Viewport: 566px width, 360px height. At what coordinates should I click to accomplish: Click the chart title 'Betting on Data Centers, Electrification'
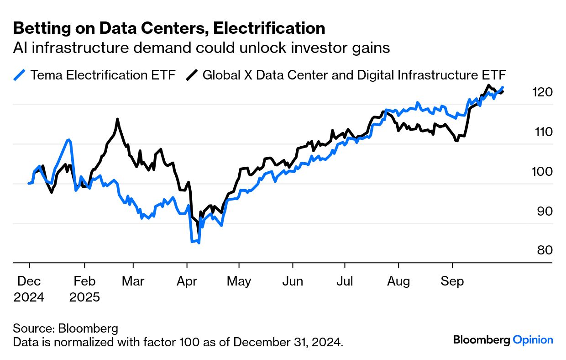pos(169,28)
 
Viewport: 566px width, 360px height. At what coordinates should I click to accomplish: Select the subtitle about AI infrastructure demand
pos(201,48)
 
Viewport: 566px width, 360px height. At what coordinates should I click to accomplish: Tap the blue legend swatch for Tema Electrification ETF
pos(20,75)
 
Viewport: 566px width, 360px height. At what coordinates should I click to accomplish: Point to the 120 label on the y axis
pos(542,92)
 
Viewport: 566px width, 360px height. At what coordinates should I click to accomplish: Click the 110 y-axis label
pos(542,132)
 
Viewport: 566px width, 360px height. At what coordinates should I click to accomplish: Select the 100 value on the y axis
pos(542,172)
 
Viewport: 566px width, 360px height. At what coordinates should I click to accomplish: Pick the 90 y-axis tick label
pos(542,211)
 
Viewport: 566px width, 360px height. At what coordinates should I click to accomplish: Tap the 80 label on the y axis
pos(542,250)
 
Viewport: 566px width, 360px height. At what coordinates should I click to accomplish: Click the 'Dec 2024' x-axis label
pos(29,289)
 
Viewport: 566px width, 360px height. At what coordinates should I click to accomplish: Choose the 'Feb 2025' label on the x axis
pos(84,289)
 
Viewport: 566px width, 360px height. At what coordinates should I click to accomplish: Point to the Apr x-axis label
pos(186,281)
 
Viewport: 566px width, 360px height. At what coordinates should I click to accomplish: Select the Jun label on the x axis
pos(292,281)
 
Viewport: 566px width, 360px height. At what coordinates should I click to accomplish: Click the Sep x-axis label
pos(452,281)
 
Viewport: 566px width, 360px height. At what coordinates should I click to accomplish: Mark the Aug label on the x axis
pos(398,281)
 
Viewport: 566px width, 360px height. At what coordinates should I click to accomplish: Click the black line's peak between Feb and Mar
pos(117,119)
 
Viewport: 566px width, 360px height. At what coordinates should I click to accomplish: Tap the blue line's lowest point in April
pos(199,243)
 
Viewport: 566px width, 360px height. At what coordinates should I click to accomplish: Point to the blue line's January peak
pos(69,139)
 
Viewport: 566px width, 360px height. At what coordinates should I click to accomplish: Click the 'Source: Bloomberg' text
pos(65,328)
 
